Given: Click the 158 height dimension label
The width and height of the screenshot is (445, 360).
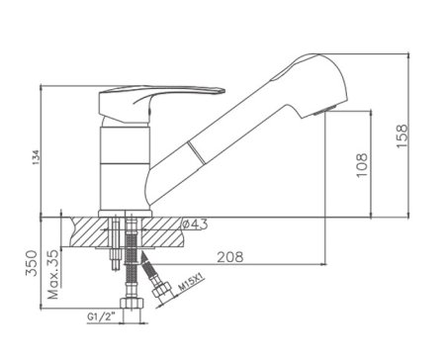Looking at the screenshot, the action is tap(402, 136).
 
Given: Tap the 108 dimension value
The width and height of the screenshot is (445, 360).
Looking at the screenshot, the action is tap(362, 165).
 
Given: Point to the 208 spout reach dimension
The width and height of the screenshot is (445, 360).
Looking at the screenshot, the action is tap(230, 257).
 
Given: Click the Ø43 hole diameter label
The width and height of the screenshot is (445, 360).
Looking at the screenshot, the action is tap(195, 225).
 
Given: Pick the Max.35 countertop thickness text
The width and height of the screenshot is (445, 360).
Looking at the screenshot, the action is tap(53, 274).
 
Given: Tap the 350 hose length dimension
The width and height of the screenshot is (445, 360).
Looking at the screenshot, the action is tap(32, 263).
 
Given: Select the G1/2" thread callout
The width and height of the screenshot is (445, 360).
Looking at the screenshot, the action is tap(103, 316).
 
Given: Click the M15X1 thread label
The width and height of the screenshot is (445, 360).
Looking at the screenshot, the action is tap(191, 284).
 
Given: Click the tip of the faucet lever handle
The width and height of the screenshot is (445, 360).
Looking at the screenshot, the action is tap(223, 91).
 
